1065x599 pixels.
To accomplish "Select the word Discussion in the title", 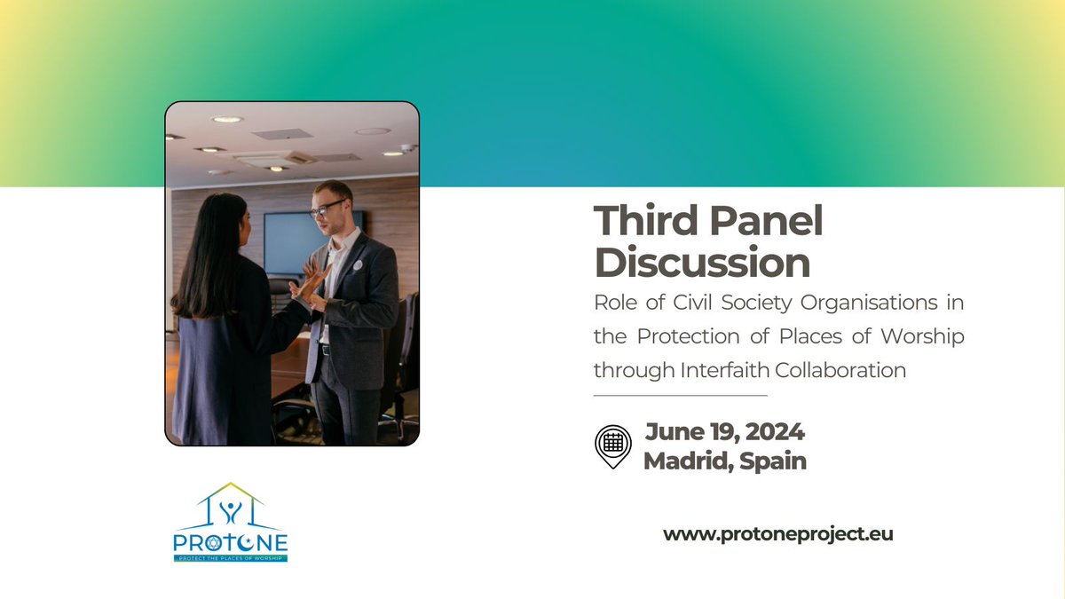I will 702,264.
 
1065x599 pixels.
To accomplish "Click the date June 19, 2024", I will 725,433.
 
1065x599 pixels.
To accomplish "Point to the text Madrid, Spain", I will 725,461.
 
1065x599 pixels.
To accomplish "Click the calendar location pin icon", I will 612,445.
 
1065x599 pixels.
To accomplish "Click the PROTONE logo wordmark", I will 231,540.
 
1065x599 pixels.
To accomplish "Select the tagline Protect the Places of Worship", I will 231,557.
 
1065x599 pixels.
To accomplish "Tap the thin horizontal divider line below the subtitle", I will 680,395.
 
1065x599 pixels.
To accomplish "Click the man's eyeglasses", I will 328,209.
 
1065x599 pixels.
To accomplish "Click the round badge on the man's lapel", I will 357,264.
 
